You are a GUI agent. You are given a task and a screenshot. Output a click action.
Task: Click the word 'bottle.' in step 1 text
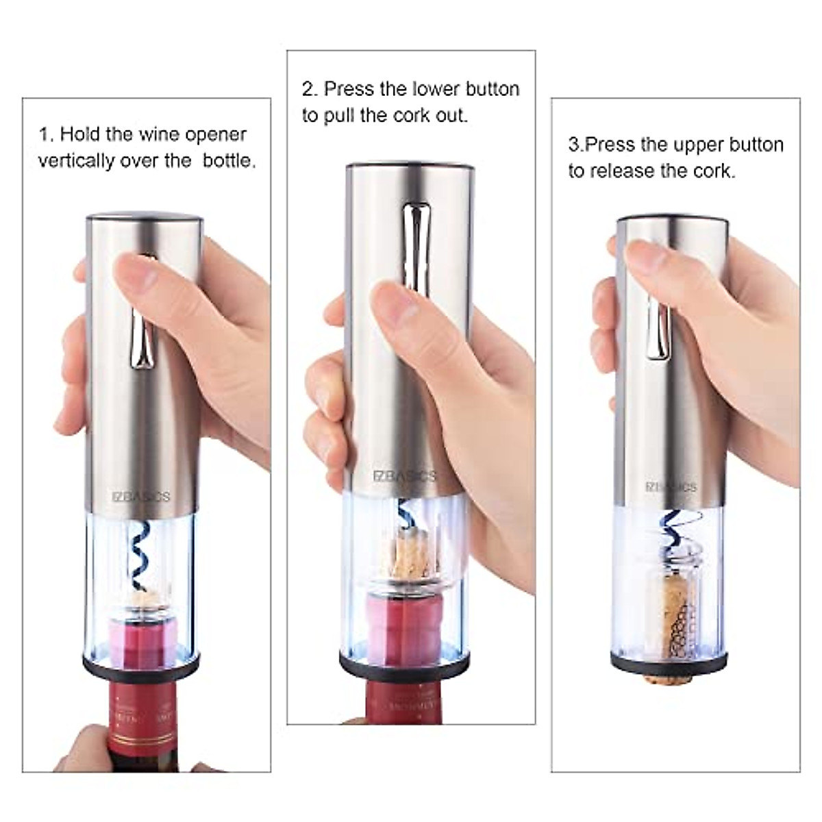tap(229, 161)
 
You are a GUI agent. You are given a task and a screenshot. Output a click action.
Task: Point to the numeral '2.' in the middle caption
tap(310, 89)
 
